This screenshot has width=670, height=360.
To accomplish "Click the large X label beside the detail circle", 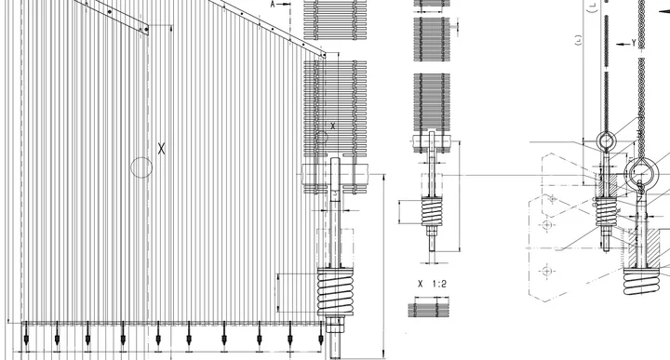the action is (x=161, y=147).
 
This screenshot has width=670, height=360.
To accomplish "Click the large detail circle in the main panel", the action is (x=141, y=167).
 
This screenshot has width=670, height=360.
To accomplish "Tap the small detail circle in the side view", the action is (x=322, y=137).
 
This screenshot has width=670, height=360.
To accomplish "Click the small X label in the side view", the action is (x=333, y=124).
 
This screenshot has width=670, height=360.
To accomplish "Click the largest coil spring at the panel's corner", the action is (x=334, y=292).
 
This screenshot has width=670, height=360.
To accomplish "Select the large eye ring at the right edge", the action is (x=641, y=173).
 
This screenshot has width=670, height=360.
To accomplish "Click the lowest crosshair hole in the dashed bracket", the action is (x=547, y=271).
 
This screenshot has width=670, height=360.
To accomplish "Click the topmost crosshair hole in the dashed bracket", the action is (x=552, y=198).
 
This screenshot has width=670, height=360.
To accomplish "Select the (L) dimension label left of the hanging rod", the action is (x=581, y=40).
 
